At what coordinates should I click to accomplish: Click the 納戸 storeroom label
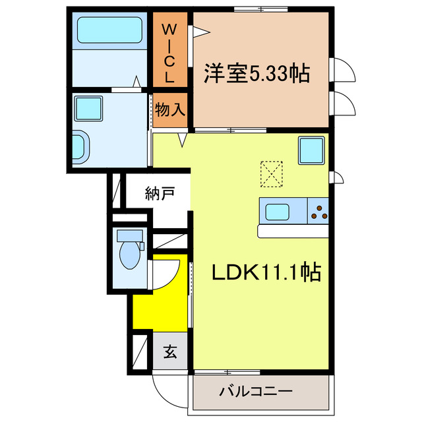coord(160,194)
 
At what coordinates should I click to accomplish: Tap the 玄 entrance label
coord(170,353)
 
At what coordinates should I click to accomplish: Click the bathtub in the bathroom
coord(109,30)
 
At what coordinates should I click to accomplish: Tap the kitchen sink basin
coord(276,212)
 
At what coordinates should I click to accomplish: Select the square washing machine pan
coord(88,107)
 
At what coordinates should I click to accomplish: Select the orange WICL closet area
coord(169,73)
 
